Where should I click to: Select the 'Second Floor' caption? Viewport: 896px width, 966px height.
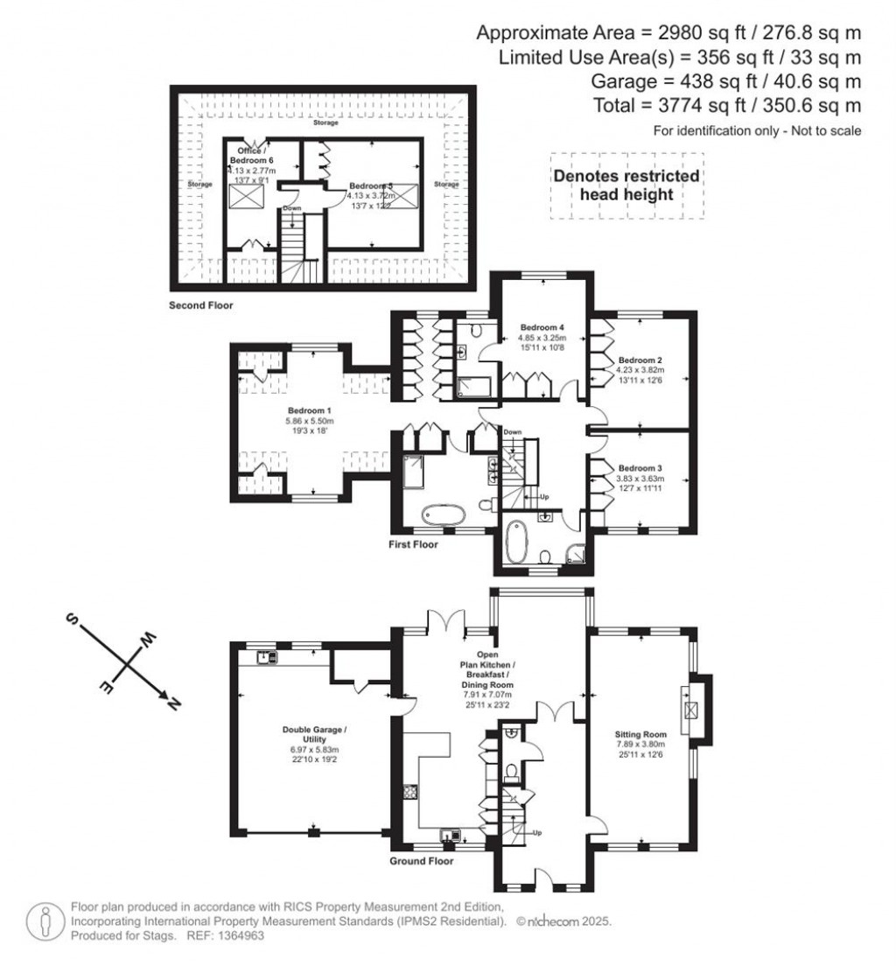coord(201,306)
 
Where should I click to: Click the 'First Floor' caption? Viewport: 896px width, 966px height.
coord(414,544)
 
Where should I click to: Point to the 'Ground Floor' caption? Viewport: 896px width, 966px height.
coord(422,861)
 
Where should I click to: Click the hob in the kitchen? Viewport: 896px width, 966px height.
coord(408,794)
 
